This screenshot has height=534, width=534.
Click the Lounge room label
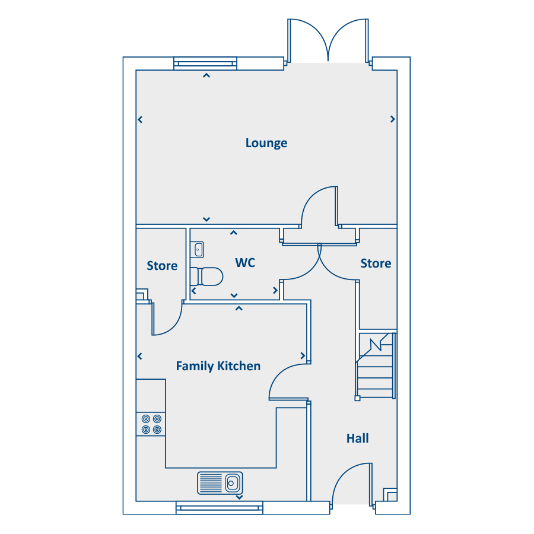(266, 143)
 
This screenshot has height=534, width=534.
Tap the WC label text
(245, 263)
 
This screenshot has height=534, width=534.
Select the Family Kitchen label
(218, 366)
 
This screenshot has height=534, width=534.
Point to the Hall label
(358, 438)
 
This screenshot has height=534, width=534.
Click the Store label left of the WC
(162, 266)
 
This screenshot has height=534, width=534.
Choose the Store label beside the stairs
(376, 263)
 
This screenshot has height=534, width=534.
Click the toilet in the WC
(206, 276)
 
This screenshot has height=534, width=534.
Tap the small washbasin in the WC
(197, 250)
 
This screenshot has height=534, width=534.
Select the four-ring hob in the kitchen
(151, 424)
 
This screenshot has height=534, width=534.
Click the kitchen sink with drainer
(220, 483)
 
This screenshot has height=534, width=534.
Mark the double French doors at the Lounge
(328, 40)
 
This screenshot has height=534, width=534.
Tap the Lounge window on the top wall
(205, 63)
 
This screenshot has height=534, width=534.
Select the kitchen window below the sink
(220, 508)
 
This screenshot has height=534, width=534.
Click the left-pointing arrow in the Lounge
(140, 119)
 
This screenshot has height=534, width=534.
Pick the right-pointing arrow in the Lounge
(393, 119)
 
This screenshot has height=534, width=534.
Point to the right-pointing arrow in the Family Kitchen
(303, 356)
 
